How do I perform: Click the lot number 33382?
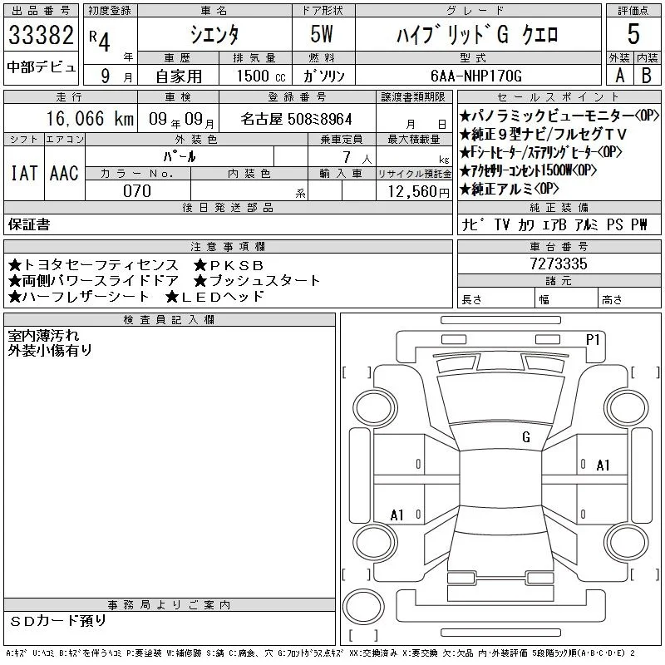41,35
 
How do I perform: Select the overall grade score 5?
633,34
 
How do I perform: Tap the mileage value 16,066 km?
90,118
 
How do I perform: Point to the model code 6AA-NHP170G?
475,76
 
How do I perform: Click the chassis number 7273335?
559,264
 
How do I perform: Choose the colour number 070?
137,191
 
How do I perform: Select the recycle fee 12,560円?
419,192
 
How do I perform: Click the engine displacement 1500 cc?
261,76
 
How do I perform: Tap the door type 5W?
322,34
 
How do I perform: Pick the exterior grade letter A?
619,76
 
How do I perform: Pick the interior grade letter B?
647,76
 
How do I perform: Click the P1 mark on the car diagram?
593,340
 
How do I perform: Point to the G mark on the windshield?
526,437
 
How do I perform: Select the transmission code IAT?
24,173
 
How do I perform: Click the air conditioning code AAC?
64,173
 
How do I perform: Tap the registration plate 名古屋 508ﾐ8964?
296,119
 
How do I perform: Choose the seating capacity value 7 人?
357,158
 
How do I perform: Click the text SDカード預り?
57,621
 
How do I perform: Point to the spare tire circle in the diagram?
363,606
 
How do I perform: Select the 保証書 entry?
29,224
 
